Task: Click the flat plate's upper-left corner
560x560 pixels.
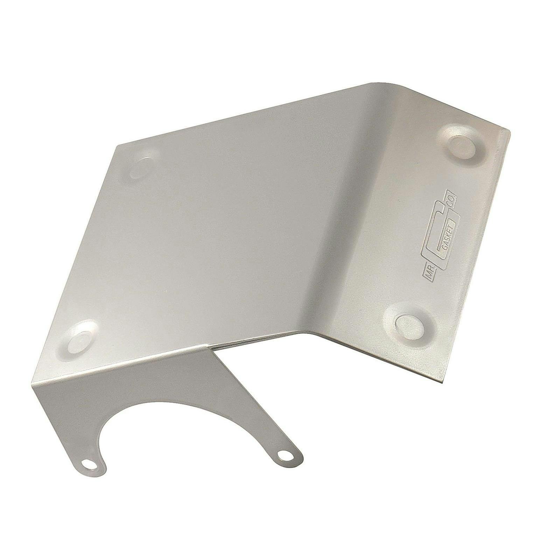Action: (117, 145)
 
